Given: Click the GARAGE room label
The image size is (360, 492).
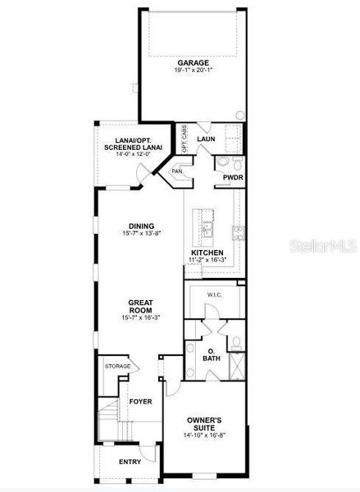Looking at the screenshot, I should coord(193,62).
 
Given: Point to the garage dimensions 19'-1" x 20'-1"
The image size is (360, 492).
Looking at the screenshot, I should coord(193,71).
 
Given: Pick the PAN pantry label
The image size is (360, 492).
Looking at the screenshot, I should coord(176,171).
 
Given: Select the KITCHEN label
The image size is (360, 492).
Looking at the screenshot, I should coord(208,252).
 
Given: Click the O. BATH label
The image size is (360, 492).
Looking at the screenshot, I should coord(212,354).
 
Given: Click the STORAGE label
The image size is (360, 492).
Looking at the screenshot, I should coord(117,366).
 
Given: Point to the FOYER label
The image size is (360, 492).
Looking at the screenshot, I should coord(140,403).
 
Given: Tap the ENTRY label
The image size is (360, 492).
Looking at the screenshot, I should coord(130,462).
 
